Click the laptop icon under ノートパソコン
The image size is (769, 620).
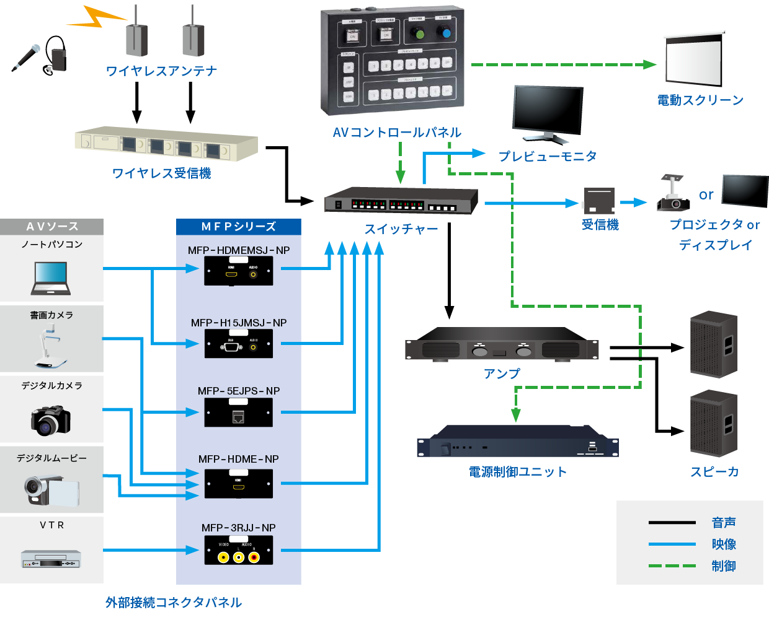tap(51, 277)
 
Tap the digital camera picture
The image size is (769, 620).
tap(51, 420)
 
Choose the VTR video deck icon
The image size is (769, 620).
tap(51, 559)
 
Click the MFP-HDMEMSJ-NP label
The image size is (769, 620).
tap(239, 250)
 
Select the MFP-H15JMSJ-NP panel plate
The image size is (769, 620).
tap(239, 344)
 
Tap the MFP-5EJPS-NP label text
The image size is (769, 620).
tap(239, 391)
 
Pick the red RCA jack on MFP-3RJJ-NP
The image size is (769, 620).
tap(254, 557)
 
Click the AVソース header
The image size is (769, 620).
tap(52, 227)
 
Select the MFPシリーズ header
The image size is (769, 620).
tap(239, 227)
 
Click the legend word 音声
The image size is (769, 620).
tap(724, 523)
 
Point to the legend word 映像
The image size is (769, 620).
tap(724, 544)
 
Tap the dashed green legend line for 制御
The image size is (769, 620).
tap(672, 565)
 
